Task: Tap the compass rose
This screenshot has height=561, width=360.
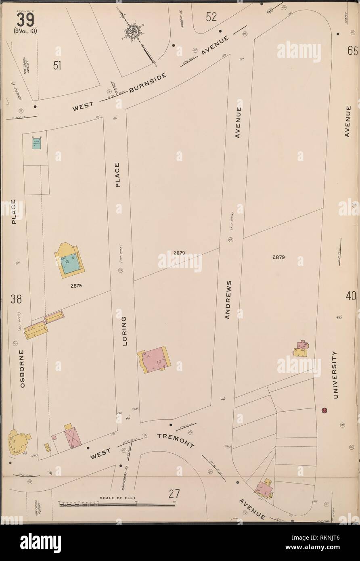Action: [x=132, y=31]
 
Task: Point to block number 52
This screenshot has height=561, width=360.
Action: [x=211, y=17]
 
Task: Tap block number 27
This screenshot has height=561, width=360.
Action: [x=174, y=494]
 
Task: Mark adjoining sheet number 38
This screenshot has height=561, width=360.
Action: [x=16, y=299]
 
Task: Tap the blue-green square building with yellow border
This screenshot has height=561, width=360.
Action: [x=70, y=262]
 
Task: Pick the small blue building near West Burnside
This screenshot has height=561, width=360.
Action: [x=37, y=142]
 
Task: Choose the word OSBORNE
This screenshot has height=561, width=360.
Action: [x=22, y=369]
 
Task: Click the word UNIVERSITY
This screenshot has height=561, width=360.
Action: [x=335, y=375]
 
